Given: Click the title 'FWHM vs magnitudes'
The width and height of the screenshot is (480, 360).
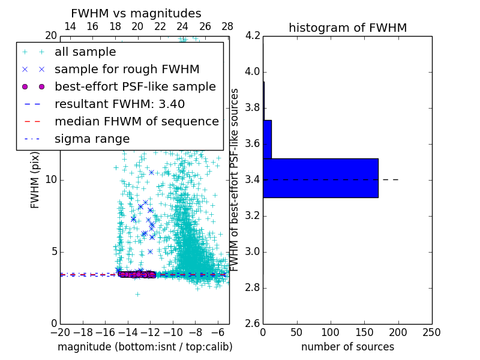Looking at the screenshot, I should pos(136,13).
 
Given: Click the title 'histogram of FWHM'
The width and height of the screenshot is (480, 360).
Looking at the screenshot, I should pos(347,28).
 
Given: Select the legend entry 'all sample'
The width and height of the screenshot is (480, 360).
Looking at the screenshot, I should pos(85,52).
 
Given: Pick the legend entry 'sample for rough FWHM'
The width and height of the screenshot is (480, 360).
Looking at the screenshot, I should pos(127,69).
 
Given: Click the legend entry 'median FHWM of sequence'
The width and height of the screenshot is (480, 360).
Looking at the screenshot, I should pos(136,121).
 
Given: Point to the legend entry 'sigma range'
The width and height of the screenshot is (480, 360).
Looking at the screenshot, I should pos(92,139).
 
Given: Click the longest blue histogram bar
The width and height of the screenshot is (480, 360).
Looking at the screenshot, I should pos(320,178).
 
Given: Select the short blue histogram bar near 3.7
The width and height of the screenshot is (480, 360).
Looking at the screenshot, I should pos(267,139).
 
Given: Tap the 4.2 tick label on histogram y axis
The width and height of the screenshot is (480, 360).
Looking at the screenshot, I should pos(253,36).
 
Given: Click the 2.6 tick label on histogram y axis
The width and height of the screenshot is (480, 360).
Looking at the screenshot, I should pos(253,323).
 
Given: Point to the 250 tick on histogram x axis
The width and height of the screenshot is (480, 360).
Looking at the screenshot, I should pos(431,332).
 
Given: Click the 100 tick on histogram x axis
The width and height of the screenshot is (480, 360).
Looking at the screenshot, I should pos(331,332).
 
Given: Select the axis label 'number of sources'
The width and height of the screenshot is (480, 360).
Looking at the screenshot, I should pos(347,347).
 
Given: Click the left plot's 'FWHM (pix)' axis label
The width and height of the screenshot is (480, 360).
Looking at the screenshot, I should pos(35,180).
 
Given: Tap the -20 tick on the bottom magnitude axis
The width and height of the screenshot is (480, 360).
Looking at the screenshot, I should pos(60,332).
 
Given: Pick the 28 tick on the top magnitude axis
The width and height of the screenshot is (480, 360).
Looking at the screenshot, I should pos(227,26).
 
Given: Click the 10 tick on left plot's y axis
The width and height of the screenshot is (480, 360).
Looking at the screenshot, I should pos(50,180).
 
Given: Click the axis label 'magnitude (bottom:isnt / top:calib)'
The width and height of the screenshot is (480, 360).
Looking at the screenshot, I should pos(145,347).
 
